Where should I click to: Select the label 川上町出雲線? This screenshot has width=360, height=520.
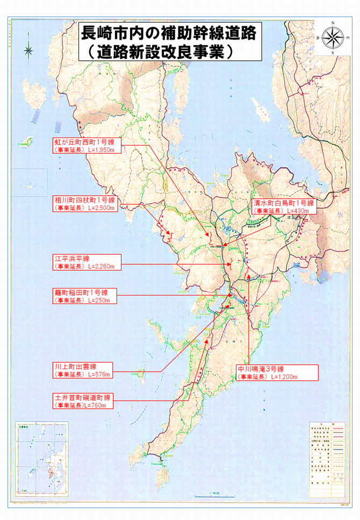(x=75, y=366)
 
